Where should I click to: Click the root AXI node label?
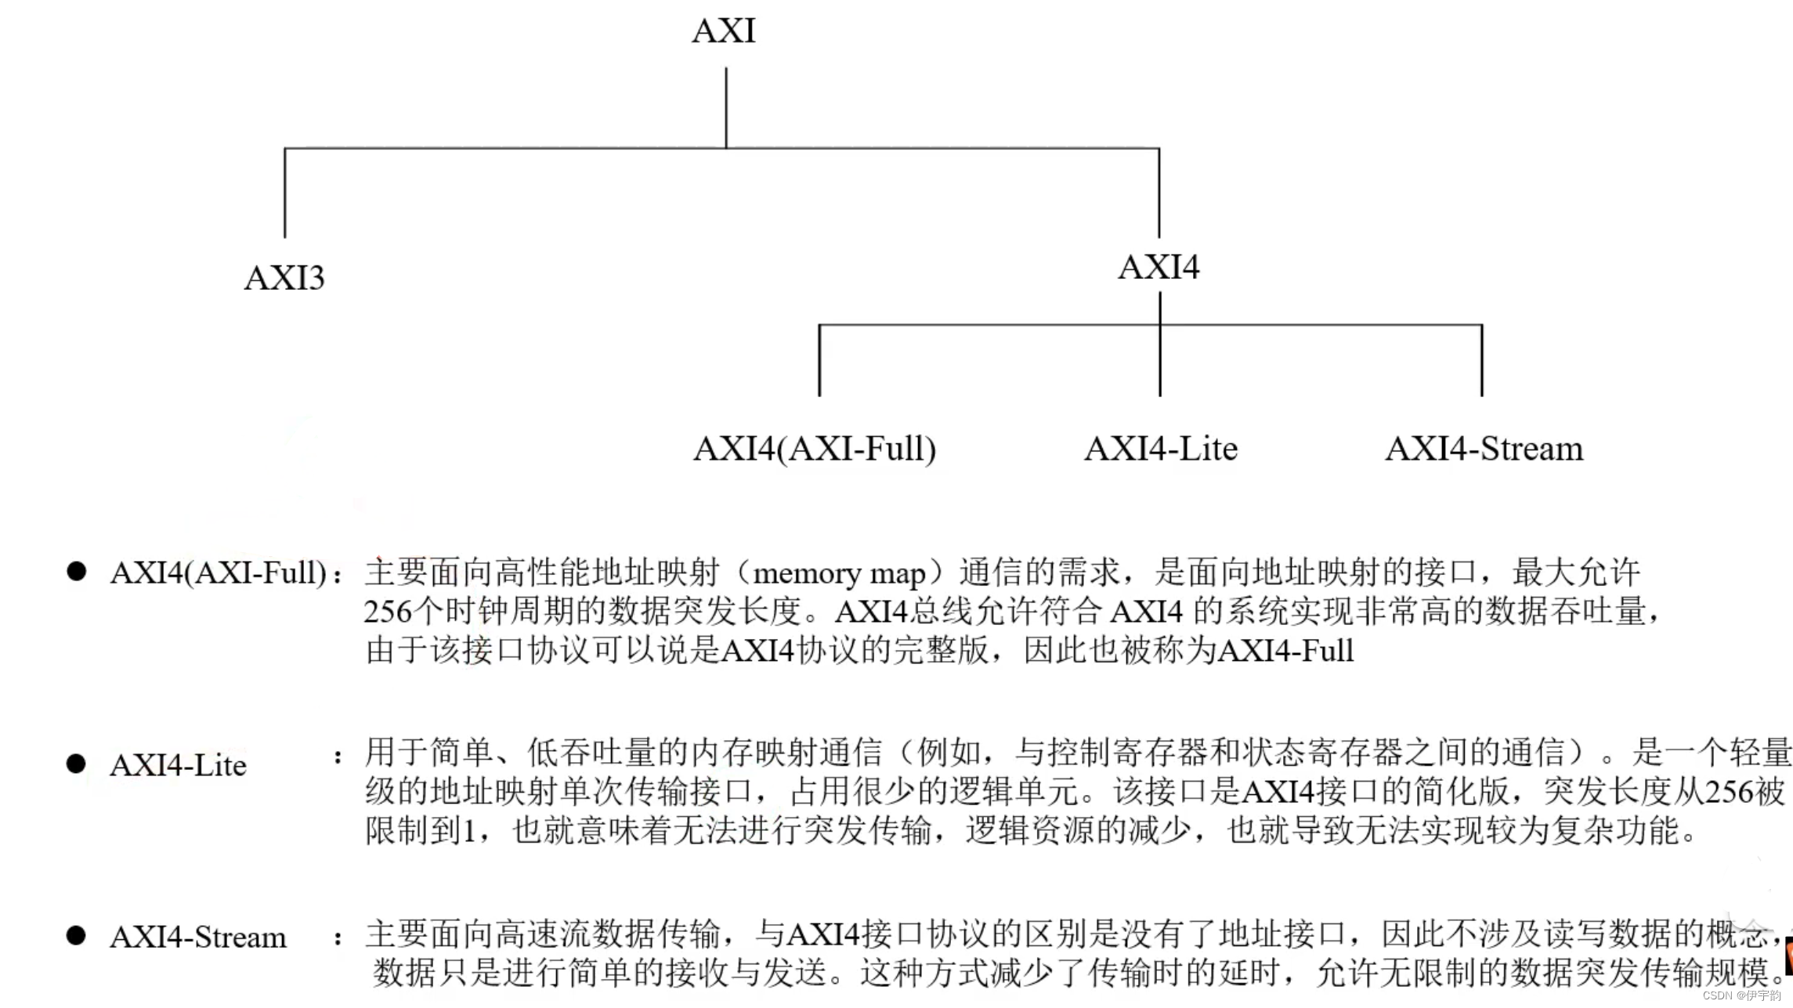[x=724, y=31]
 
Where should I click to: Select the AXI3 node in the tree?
[x=284, y=278]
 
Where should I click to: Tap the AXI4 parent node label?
[x=1159, y=267]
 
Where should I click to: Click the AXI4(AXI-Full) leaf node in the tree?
[x=815, y=449]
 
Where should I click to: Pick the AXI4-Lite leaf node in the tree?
[x=1161, y=449]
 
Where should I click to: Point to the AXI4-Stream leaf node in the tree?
[x=1484, y=449]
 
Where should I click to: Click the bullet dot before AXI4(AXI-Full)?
[x=77, y=571]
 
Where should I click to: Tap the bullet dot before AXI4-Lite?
[x=76, y=764]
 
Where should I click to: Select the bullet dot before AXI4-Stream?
[x=76, y=935]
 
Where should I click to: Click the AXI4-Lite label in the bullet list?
[x=179, y=765]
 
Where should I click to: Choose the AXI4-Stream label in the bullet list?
[x=198, y=937]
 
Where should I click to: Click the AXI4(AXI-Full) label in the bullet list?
[x=219, y=573]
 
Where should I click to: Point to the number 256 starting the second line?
[x=388, y=612]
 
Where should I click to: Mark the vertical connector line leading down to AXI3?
[x=284, y=193]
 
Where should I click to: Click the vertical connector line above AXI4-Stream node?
[x=1482, y=360]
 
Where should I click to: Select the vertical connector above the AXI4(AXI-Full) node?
[x=819, y=360]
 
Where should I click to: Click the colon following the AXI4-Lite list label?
[x=338, y=757]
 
